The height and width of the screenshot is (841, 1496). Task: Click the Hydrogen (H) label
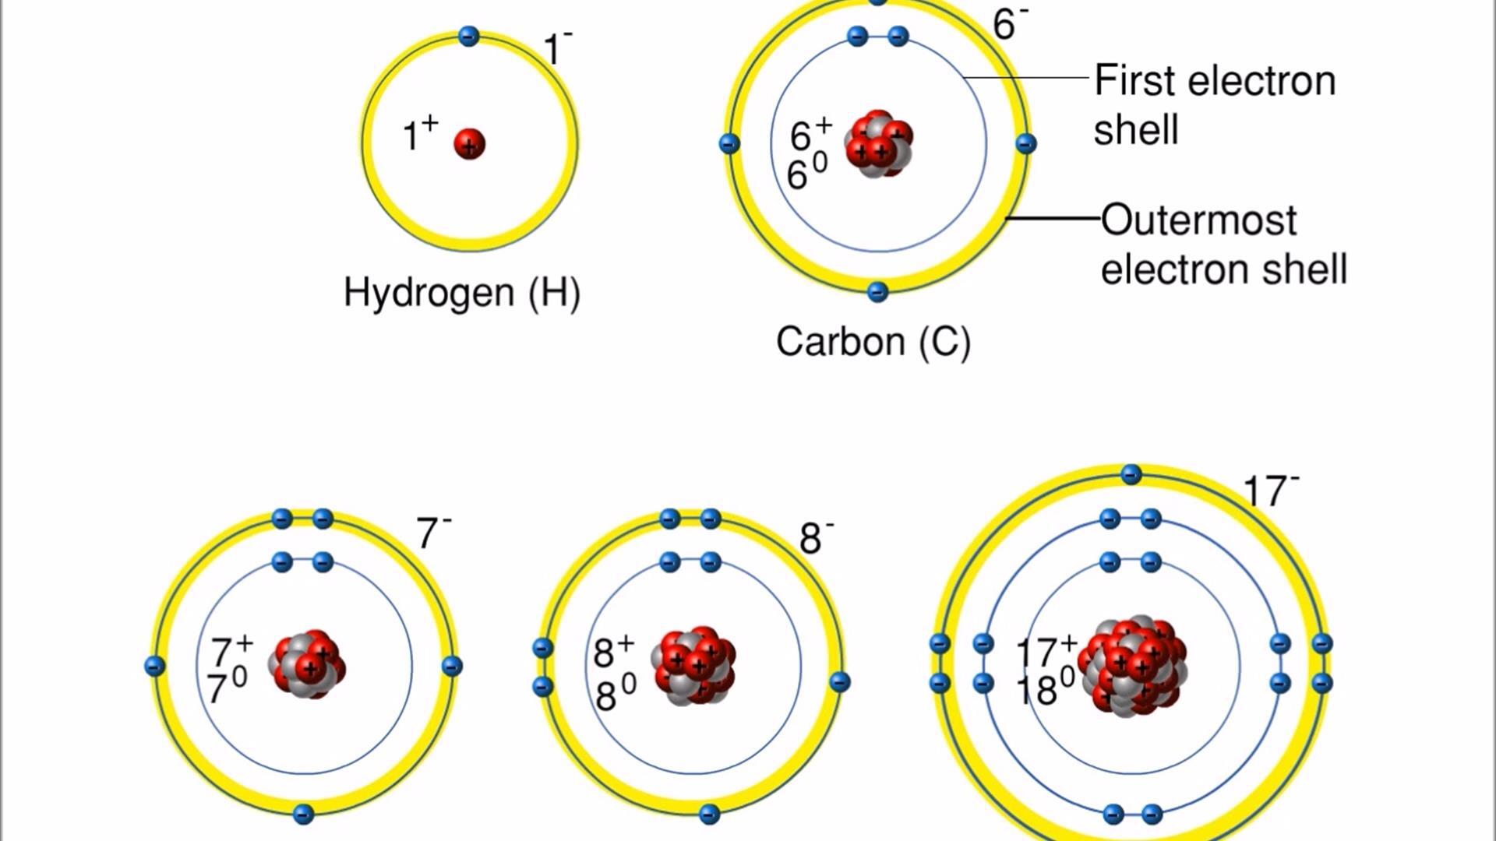tap(462, 293)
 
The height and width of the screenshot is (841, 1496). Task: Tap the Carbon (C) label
tap(873, 342)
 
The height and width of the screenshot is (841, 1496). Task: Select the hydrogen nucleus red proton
tap(469, 144)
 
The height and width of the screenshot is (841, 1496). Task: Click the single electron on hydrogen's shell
tap(468, 36)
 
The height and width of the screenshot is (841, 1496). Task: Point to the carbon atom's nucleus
tap(879, 145)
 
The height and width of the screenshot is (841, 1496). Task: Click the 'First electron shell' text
tap(1214, 104)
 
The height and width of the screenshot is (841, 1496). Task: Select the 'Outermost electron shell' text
tap(1223, 244)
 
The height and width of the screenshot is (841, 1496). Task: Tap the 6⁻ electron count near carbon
tap(1010, 23)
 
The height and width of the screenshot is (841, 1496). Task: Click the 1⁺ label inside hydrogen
tap(420, 134)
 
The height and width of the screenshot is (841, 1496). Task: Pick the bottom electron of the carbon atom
tap(877, 292)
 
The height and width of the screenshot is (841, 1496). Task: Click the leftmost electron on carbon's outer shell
tap(729, 143)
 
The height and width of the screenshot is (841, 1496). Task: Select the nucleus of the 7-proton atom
tap(308, 664)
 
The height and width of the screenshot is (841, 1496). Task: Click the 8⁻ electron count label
tap(816, 538)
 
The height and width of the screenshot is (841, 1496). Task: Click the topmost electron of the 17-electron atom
tap(1131, 474)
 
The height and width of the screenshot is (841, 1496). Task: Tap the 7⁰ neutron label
tap(227, 688)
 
